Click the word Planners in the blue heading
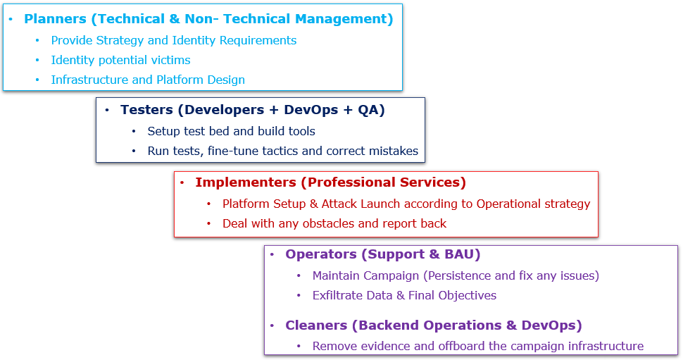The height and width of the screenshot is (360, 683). pos(54,19)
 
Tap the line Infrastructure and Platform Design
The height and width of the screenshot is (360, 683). pos(148,80)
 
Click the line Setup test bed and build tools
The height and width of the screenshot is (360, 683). pos(231,131)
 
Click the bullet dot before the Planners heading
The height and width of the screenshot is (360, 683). pos(11,19)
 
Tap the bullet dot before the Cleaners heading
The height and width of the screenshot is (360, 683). pos(272,325)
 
